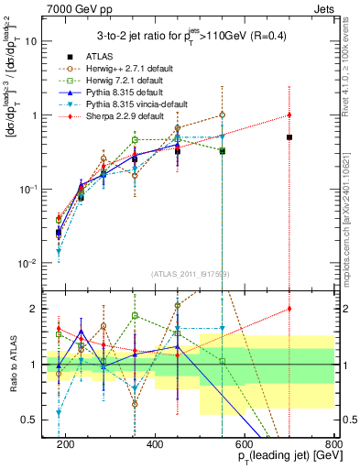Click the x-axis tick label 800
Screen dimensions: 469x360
[333, 444]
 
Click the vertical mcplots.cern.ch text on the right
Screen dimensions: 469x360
[351, 183]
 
